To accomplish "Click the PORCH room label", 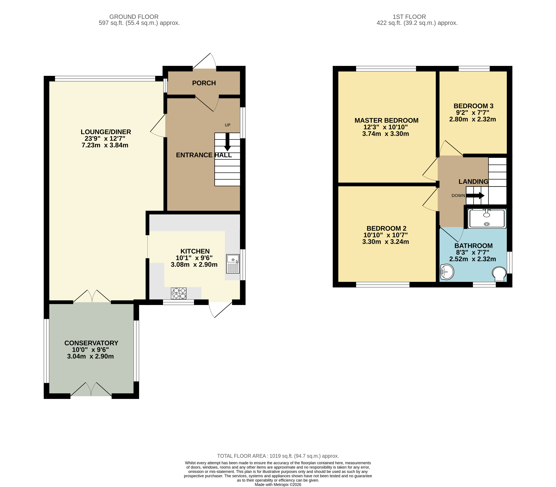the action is (204, 83).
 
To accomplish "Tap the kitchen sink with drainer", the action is (233, 264).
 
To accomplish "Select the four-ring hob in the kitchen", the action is (179, 293).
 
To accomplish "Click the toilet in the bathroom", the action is (499, 274).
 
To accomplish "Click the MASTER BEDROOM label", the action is (386, 120).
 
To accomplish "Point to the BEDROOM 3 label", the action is (473, 106).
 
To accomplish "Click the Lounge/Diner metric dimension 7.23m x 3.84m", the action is (105, 145).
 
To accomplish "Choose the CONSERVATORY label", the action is (91, 343).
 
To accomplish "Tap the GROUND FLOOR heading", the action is (134, 17).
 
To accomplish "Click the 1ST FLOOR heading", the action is (409, 17).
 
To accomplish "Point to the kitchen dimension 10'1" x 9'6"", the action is (194, 258).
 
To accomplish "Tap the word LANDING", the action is (473, 182).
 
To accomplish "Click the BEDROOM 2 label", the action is (386, 228).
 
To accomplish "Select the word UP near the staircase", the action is (228, 125).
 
